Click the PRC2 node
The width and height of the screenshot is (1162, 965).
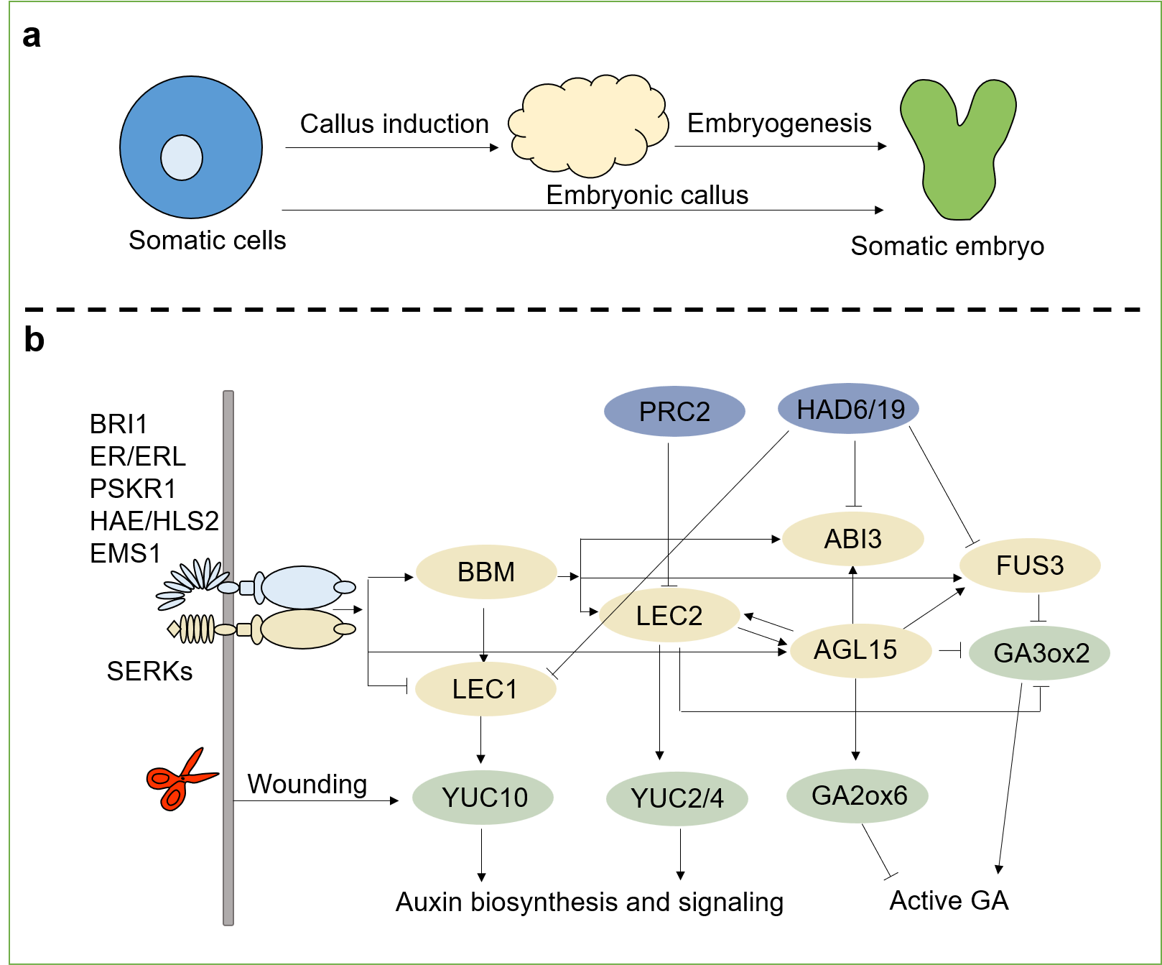coord(674,412)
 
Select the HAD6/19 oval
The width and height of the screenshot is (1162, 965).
coord(849,410)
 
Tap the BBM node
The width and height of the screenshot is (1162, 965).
coord(486,572)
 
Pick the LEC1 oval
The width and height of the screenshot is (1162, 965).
coord(485,689)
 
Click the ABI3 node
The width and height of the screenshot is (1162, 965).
coord(852,539)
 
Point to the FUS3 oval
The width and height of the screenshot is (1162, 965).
coord(1030,565)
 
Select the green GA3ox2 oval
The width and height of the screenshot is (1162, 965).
coord(1041,652)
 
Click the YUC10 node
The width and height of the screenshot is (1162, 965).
coord(483,798)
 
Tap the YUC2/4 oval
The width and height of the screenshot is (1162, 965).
coord(677,798)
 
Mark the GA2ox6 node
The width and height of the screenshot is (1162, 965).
coord(858,795)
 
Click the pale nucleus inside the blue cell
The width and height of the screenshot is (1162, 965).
coord(182,157)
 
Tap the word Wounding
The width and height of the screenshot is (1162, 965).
coord(307,784)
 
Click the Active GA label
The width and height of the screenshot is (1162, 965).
coord(949,900)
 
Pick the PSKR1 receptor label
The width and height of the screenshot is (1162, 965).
coord(133,489)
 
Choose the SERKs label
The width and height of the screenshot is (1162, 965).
coord(149,671)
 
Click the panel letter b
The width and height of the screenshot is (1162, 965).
coord(34,340)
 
